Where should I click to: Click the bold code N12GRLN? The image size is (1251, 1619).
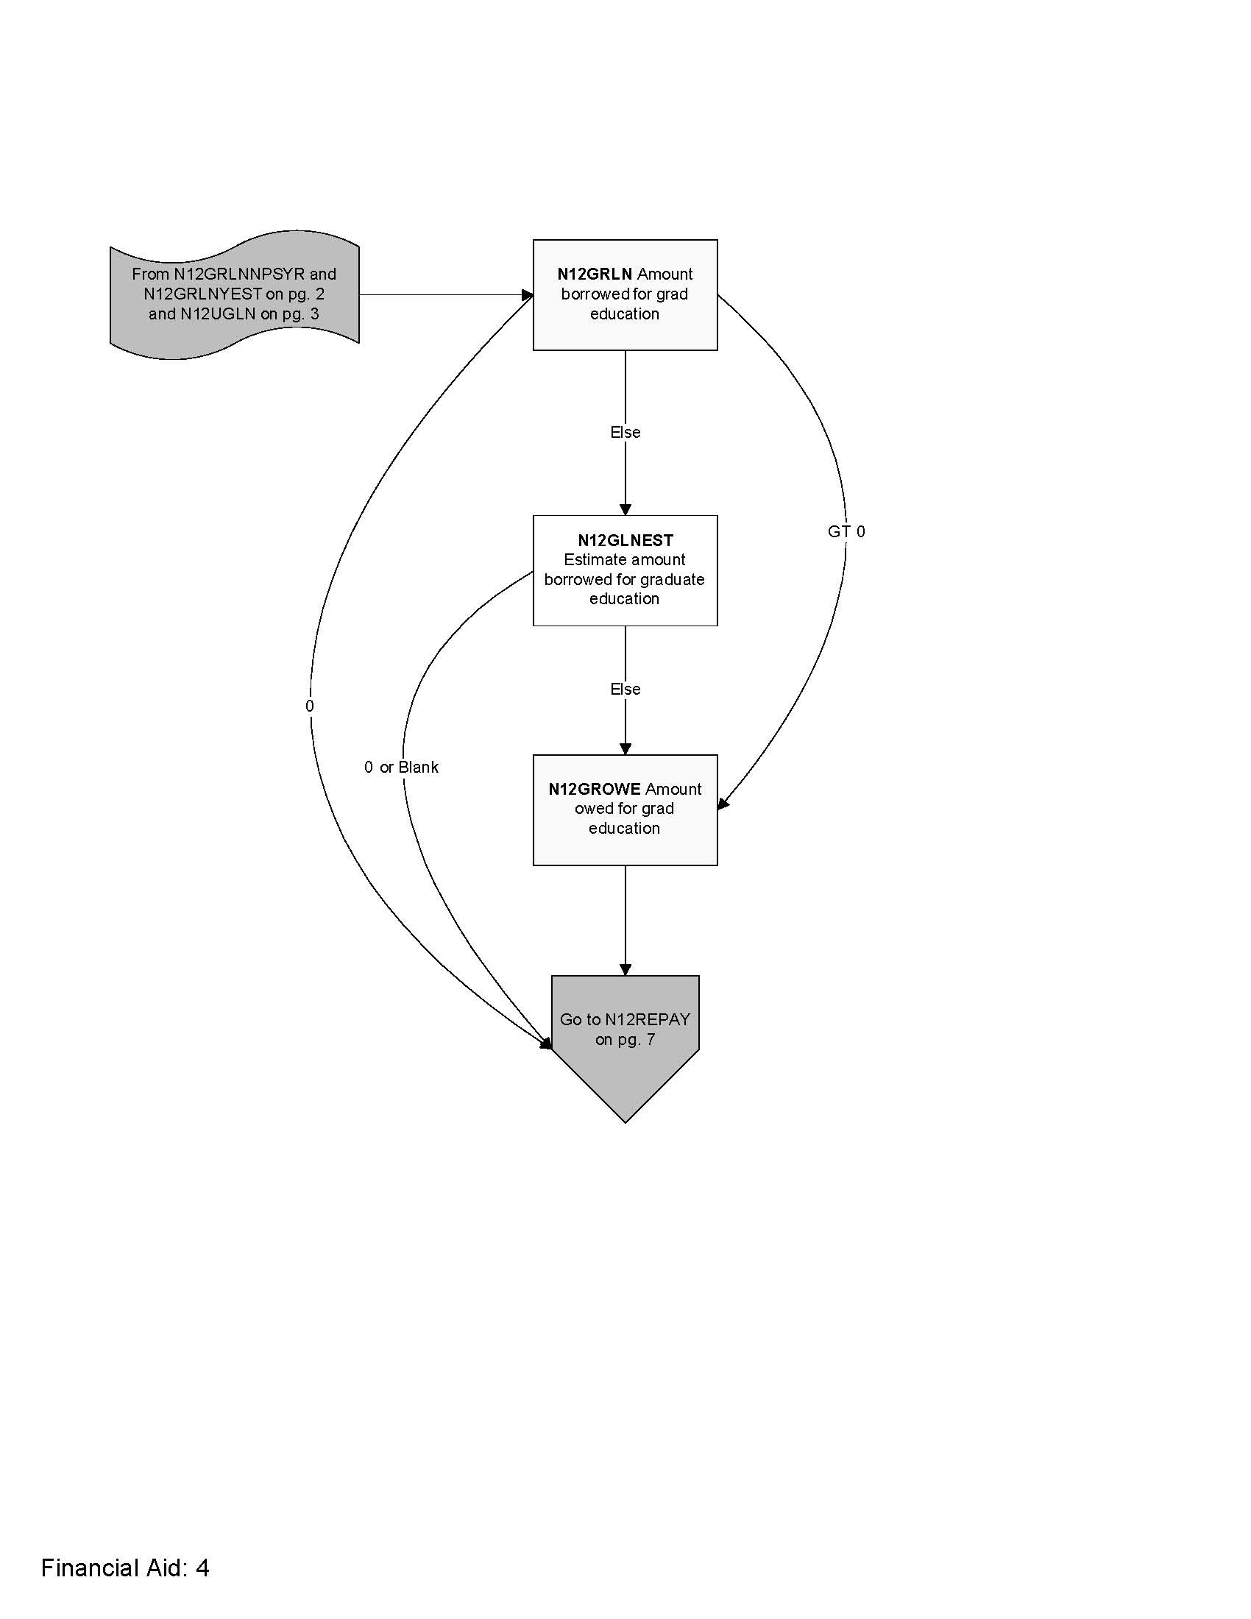pos(595,274)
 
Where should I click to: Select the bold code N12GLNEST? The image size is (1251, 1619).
pos(625,540)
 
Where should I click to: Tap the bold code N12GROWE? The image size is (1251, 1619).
pos(595,789)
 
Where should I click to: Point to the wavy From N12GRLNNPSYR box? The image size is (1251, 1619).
pos(234,294)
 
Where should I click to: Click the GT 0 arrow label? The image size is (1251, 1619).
pos(846,531)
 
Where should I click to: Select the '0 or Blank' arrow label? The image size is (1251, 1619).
pos(401,768)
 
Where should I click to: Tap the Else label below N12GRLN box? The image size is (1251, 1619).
pos(625,432)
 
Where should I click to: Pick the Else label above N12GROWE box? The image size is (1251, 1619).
pos(625,689)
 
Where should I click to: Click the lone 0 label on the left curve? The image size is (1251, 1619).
pos(309,706)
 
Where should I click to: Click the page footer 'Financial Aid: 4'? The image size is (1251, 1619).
pos(124,1567)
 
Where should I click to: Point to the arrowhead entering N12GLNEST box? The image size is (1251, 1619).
pos(625,509)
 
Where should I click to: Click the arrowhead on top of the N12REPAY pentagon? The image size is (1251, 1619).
pos(625,970)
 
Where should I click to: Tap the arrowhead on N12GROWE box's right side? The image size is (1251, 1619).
pos(723,804)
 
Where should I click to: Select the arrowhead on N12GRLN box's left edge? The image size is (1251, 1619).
pos(528,295)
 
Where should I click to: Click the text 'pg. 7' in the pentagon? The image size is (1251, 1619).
pos(636,1039)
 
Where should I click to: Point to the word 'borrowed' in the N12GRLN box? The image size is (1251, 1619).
pos(595,294)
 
